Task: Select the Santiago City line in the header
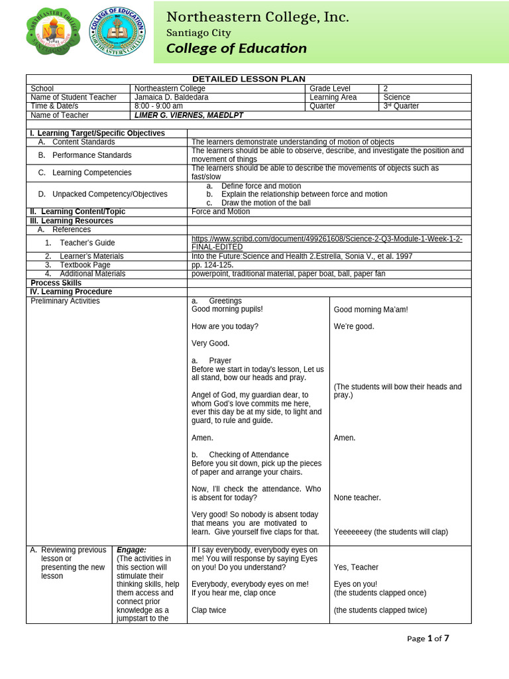198,33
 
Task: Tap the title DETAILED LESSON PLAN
249,79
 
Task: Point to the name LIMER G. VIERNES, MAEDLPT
189,115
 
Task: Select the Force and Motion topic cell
221,212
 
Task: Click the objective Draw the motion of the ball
266,203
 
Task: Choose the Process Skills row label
56,282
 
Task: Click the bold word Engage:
131,550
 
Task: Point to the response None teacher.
357,498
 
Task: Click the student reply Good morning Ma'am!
370,310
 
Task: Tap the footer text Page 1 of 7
427,639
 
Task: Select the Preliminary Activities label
65,301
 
